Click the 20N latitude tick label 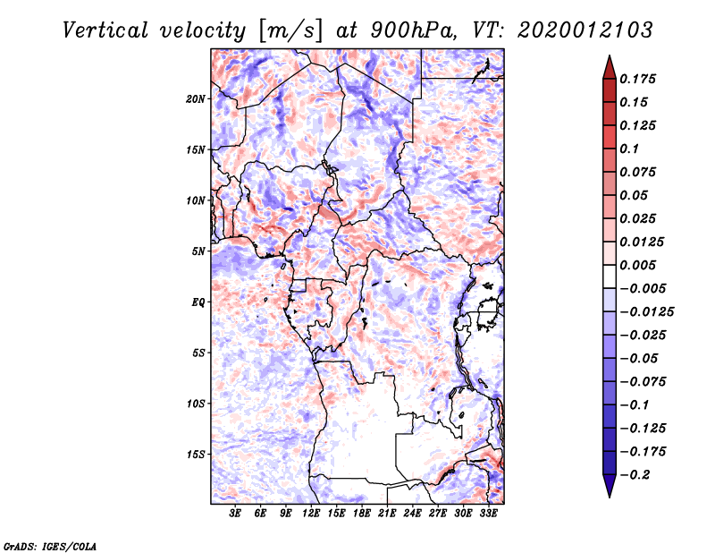click(x=196, y=98)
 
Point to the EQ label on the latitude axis click(x=198, y=302)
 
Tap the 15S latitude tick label click(x=196, y=455)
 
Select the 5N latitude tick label click(x=198, y=251)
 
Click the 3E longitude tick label click(x=236, y=514)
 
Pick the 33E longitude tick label click(x=488, y=514)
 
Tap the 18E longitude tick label click(x=362, y=514)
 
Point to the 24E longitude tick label click(x=412, y=514)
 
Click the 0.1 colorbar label click(x=630, y=149)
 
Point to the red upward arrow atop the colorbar click(x=609, y=65)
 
